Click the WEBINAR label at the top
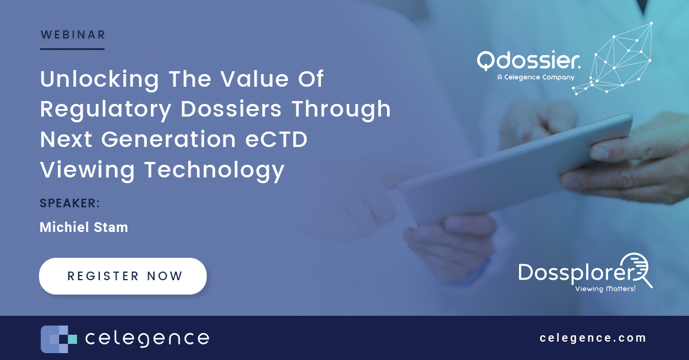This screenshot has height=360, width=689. [72, 35]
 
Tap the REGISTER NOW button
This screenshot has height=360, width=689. [123, 276]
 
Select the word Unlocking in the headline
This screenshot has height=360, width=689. [99, 79]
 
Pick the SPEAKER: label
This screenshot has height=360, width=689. [70, 203]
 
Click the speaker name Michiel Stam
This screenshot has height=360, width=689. [84, 227]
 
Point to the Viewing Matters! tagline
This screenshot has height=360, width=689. [605, 289]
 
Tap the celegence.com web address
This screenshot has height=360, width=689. [593, 338]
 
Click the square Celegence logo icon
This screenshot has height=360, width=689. [59, 339]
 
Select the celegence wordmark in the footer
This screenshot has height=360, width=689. [146, 338]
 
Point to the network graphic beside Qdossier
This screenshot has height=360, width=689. [617, 57]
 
